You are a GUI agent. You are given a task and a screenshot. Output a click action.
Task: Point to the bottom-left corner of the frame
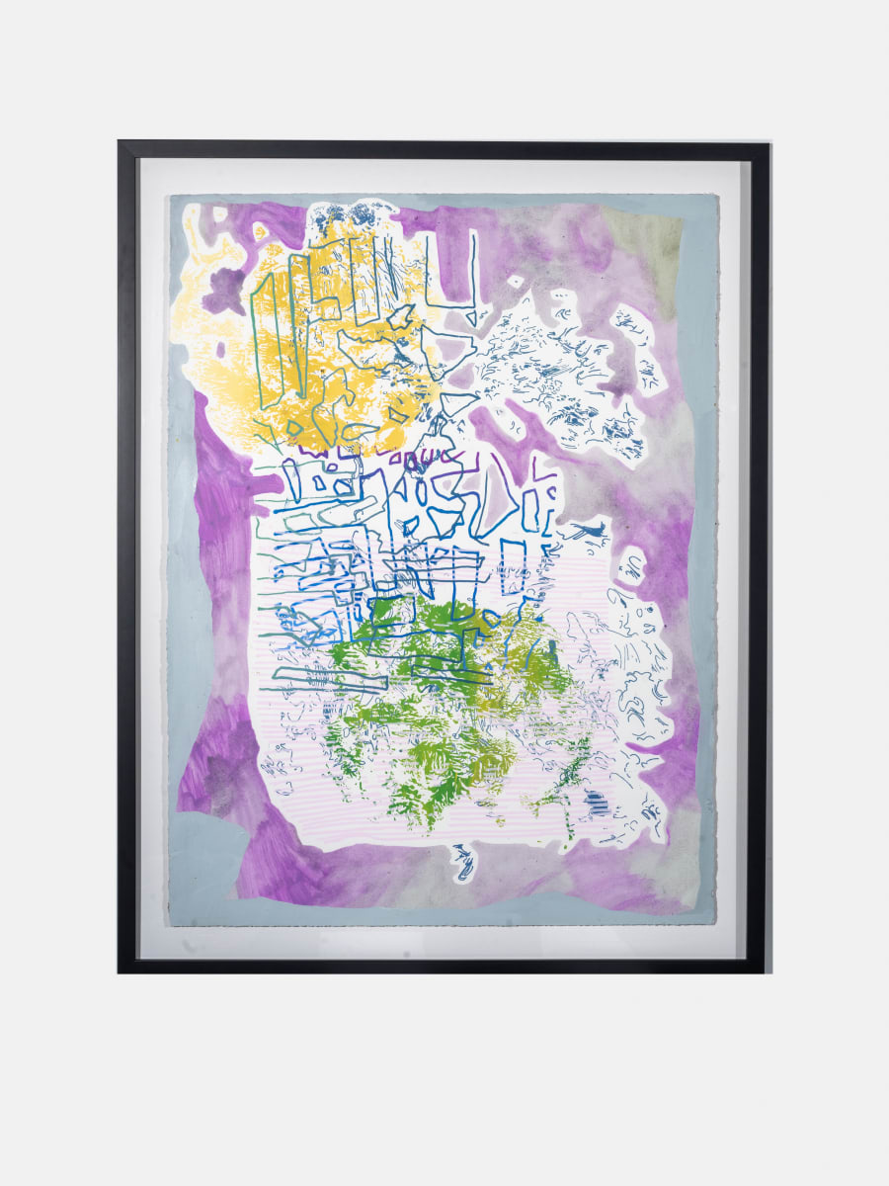click(x=120, y=972)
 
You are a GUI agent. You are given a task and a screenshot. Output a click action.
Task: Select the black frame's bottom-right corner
click(x=768, y=972)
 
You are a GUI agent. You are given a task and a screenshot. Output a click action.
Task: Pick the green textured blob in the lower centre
click(x=444, y=712)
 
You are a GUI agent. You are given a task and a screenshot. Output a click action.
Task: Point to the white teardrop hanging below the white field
click(x=462, y=865)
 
